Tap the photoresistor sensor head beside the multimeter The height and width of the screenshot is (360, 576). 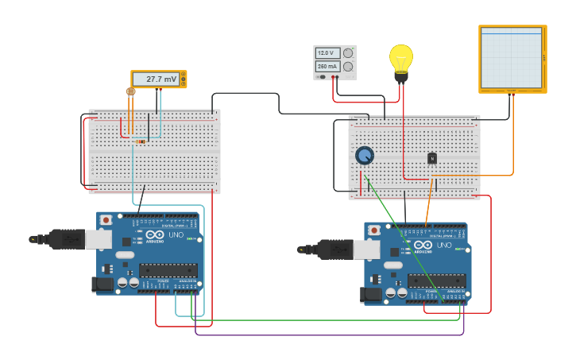tap(130, 91)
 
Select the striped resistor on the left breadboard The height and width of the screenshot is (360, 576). tap(141, 141)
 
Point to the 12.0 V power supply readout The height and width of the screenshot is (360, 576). tap(327, 53)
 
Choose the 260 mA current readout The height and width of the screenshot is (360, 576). tap(327, 67)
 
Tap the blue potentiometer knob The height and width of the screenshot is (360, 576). tap(365, 155)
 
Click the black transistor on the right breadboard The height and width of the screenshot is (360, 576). tap(432, 158)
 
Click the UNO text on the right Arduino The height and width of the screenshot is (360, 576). tap(443, 245)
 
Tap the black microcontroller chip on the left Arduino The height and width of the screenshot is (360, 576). tap(168, 270)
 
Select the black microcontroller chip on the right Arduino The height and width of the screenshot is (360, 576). tap(436, 281)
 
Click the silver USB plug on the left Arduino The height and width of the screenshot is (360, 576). tap(98, 238)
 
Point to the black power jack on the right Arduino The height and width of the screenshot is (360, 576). tap(370, 294)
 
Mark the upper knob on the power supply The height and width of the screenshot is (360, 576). tap(348, 53)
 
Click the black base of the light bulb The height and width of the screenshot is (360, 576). tap(401, 77)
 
